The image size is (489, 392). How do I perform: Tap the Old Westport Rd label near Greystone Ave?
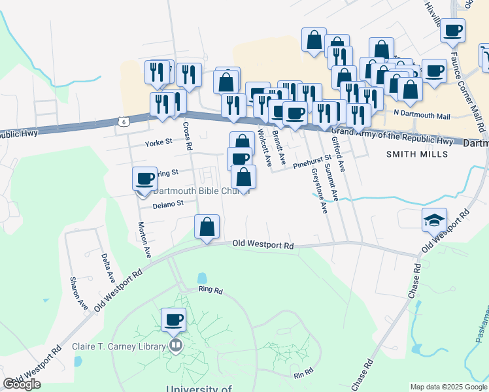pos(263,245)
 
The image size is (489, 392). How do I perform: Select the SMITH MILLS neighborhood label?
pos(417,154)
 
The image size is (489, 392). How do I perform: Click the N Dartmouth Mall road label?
pos(422,116)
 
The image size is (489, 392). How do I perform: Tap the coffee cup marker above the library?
pos(174,320)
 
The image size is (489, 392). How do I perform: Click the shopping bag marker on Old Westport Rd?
pos(207,228)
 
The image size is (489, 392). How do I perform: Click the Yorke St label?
pos(158,141)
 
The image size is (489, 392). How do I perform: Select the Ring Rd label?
pos(211,290)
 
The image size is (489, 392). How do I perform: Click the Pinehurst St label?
pos(312,166)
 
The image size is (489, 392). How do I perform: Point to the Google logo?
pos(22,384)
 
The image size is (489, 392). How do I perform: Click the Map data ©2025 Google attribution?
pos(448,387)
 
